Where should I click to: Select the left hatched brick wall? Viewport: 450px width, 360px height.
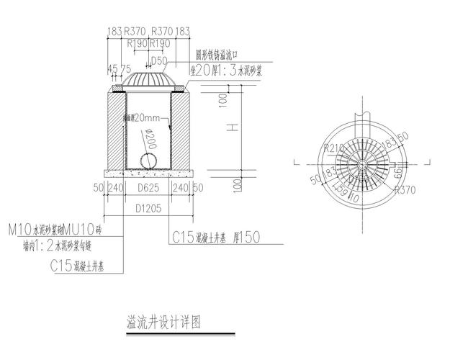[117, 130]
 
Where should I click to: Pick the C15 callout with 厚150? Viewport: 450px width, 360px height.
[216, 236]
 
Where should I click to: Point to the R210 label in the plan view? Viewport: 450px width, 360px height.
[336, 148]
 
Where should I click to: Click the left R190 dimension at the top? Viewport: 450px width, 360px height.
[137, 44]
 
